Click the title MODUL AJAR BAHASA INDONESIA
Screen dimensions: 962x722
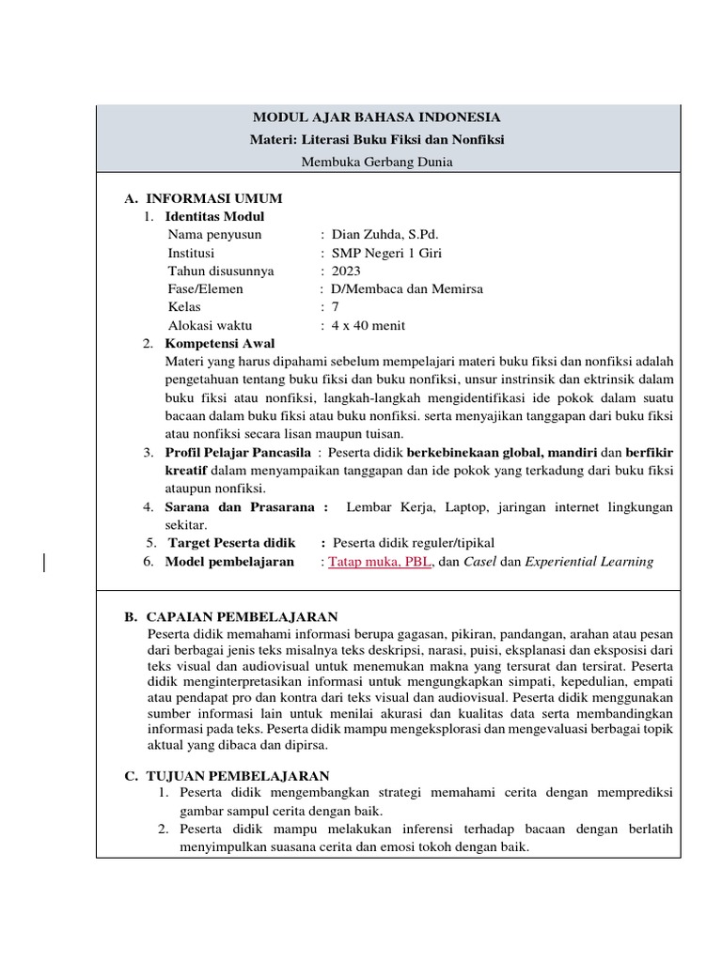(x=376, y=117)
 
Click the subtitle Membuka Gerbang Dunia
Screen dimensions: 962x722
(x=376, y=162)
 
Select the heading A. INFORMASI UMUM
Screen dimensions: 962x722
(x=204, y=198)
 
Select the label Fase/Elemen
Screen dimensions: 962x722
(x=205, y=288)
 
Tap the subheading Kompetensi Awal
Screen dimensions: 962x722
(x=220, y=343)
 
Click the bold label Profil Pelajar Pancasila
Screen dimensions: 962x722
(x=231, y=452)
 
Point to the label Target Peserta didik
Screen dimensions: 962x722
(x=231, y=543)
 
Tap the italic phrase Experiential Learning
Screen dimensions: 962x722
(x=589, y=562)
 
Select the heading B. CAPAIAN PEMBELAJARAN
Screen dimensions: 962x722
(x=231, y=616)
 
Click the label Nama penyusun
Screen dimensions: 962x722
(x=214, y=235)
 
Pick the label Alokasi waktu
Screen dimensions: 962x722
(x=211, y=325)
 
